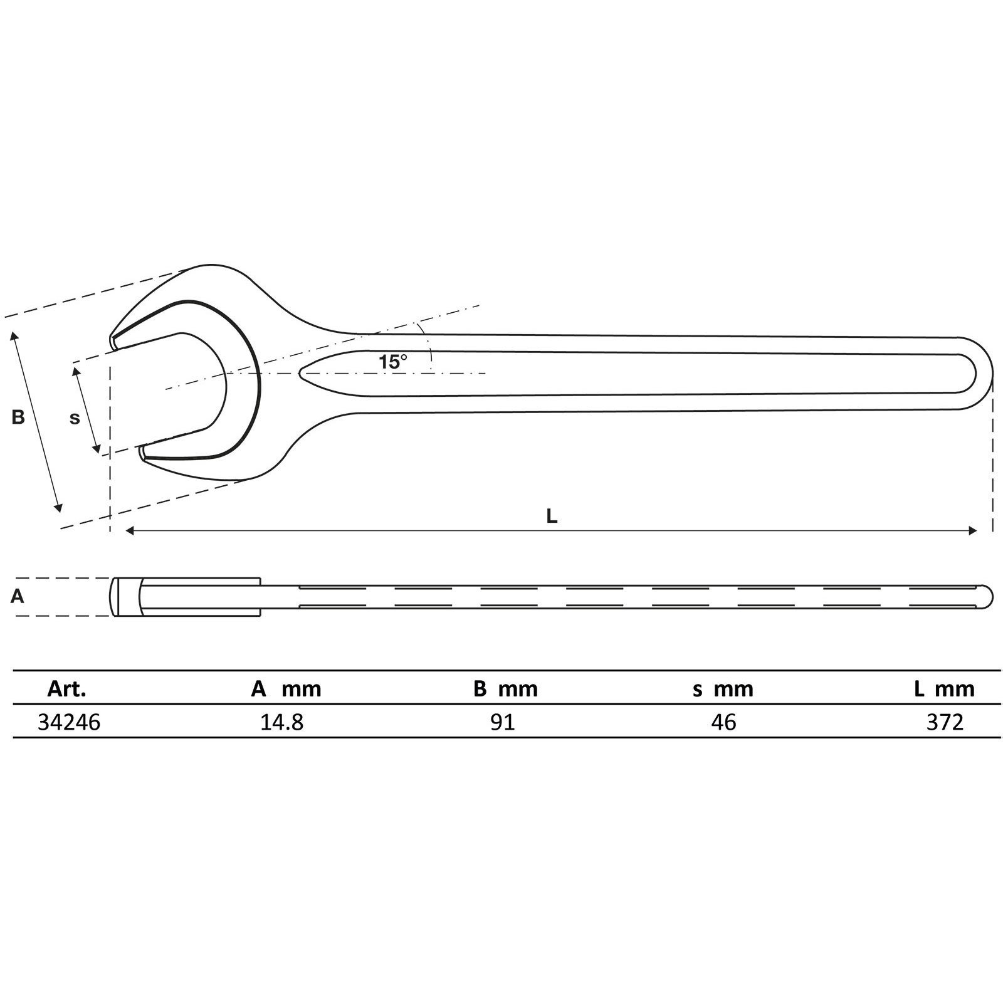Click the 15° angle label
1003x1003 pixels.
click(392, 362)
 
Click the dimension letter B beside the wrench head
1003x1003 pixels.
click(18, 417)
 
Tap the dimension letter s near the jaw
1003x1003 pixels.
click(75, 418)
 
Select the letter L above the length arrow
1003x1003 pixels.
click(552, 517)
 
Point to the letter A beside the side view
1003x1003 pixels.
click(18, 596)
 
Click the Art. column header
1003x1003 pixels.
click(66, 690)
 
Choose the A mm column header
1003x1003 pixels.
click(286, 690)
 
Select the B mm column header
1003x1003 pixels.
click(505, 690)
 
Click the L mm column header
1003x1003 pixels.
click(944, 690)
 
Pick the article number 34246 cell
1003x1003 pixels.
click(69, 723)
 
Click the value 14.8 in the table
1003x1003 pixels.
click(281, 723)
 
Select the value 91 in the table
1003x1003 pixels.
click(503, 723)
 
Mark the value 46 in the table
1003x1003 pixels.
click(723, 723)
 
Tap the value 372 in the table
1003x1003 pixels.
click(945, 723)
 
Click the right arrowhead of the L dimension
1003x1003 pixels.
click(973, 531)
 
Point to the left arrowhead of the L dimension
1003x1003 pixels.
click(130, 531)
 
